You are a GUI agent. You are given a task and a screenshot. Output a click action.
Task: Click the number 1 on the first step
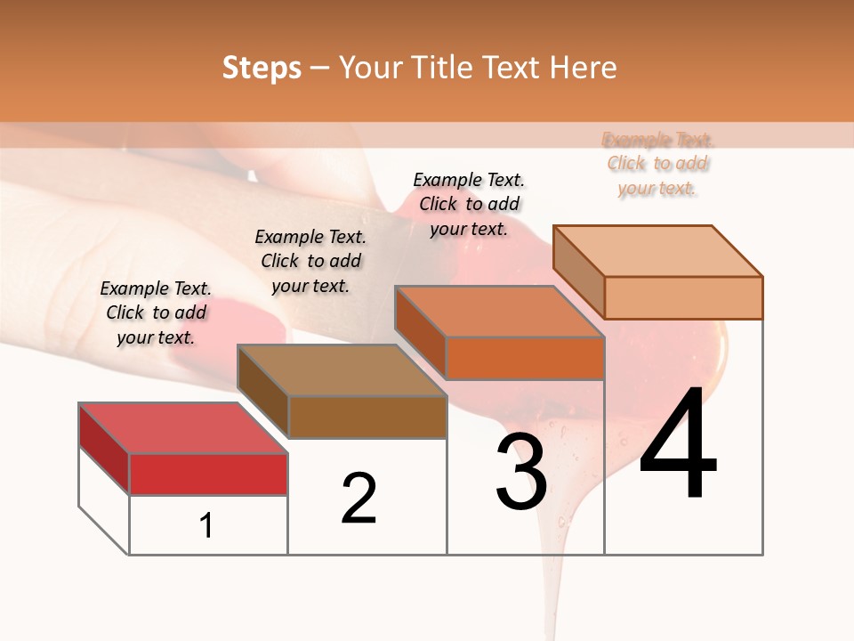pos(206,525)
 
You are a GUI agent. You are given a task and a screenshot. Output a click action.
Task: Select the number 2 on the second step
pos(359,498)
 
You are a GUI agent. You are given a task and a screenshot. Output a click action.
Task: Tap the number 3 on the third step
pos(521,473)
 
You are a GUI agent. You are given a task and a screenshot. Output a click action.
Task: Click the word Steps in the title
pos(262,68)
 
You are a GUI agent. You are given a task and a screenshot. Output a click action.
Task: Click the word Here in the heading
pos(583,68)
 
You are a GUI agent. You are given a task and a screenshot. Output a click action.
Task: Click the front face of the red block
pos(208,474)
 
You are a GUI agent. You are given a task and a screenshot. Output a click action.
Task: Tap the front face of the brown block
pos(367,417)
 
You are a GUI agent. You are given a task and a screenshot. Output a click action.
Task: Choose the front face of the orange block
pos(525,359)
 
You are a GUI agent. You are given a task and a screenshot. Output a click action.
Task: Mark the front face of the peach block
pos(683,297)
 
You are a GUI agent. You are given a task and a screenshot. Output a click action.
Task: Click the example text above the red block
pos(156,313)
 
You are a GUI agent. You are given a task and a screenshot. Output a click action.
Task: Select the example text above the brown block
pos(310,261)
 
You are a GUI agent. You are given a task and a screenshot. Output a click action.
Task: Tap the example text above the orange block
pos(469,204)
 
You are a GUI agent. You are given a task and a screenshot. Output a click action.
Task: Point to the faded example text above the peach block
pos(657,164)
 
